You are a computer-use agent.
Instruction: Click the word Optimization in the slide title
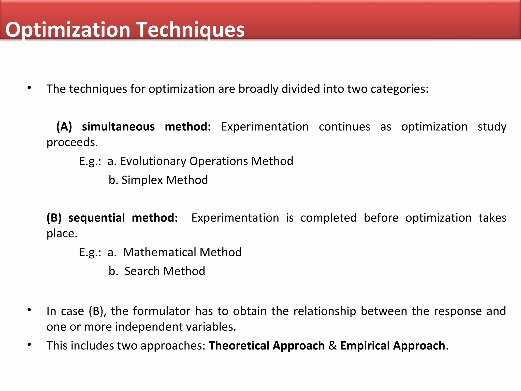68,30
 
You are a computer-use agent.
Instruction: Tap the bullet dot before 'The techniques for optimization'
30,88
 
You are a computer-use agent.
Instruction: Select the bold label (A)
64,127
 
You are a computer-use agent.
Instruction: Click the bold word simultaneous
118,127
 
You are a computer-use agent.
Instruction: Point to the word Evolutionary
153,161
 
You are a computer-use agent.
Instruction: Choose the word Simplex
142,180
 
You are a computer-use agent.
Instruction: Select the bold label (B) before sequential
54,218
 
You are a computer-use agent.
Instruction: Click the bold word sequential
97,218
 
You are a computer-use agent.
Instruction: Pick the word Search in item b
140,271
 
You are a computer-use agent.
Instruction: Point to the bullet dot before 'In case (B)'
30,310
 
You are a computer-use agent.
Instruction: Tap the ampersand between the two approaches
332,346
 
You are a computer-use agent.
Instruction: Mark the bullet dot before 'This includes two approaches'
30,345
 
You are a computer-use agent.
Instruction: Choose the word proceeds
72,143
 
